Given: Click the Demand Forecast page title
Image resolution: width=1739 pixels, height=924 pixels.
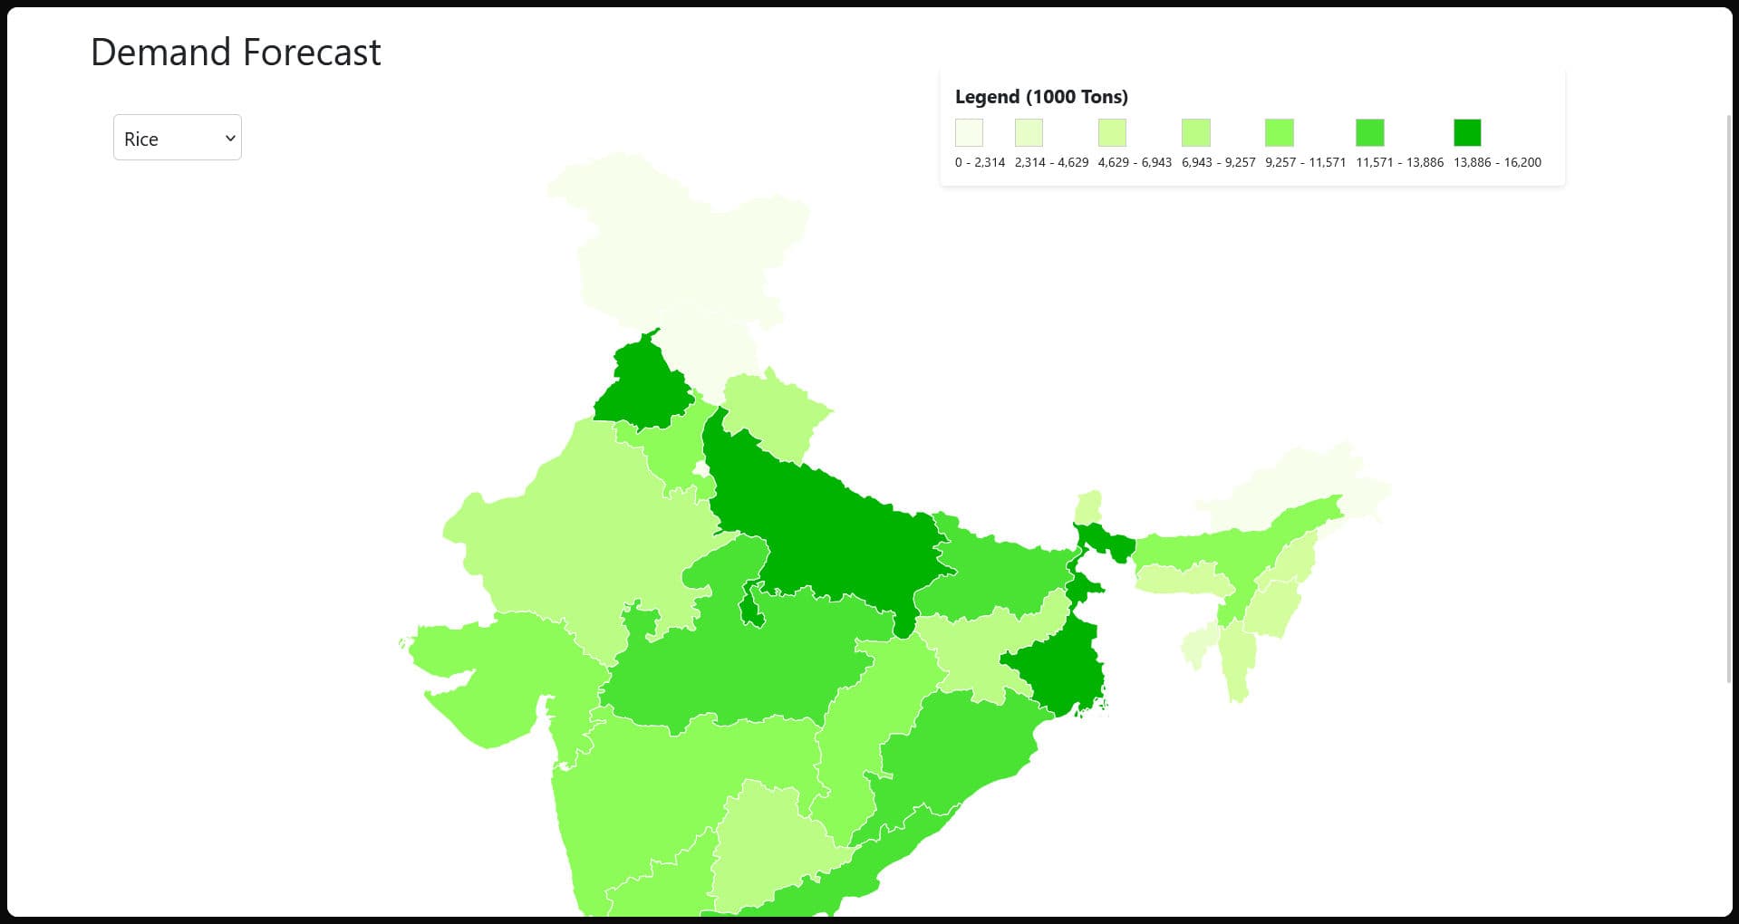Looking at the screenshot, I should [236, 53].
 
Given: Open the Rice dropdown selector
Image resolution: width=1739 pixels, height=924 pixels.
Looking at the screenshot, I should [177, 138].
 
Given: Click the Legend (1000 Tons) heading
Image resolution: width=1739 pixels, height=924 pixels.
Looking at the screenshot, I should [1041, 97].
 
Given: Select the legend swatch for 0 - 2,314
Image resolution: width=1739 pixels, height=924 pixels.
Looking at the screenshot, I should [969, 133].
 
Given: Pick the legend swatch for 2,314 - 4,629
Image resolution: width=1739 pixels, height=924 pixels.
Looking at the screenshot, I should [1029, 133].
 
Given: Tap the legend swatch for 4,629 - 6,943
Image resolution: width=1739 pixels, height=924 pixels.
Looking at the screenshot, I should [1112, 133].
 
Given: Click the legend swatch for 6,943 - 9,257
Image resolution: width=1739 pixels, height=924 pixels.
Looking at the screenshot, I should [1195, 133].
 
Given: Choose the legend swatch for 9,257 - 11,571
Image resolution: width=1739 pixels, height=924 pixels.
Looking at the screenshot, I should [1279, 133].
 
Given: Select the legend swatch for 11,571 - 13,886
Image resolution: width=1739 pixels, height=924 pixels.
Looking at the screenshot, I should [1369, 133].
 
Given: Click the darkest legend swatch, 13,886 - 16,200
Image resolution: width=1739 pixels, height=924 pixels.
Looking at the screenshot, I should [1467, 133].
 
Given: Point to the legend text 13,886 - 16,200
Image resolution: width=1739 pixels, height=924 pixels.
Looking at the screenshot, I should [1497, 163].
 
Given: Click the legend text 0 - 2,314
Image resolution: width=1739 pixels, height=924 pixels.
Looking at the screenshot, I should [980, 163].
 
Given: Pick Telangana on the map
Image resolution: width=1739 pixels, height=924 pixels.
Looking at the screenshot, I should [770, 842].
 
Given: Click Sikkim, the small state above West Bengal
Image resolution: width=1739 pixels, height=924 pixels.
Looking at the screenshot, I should [1088, 506].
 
